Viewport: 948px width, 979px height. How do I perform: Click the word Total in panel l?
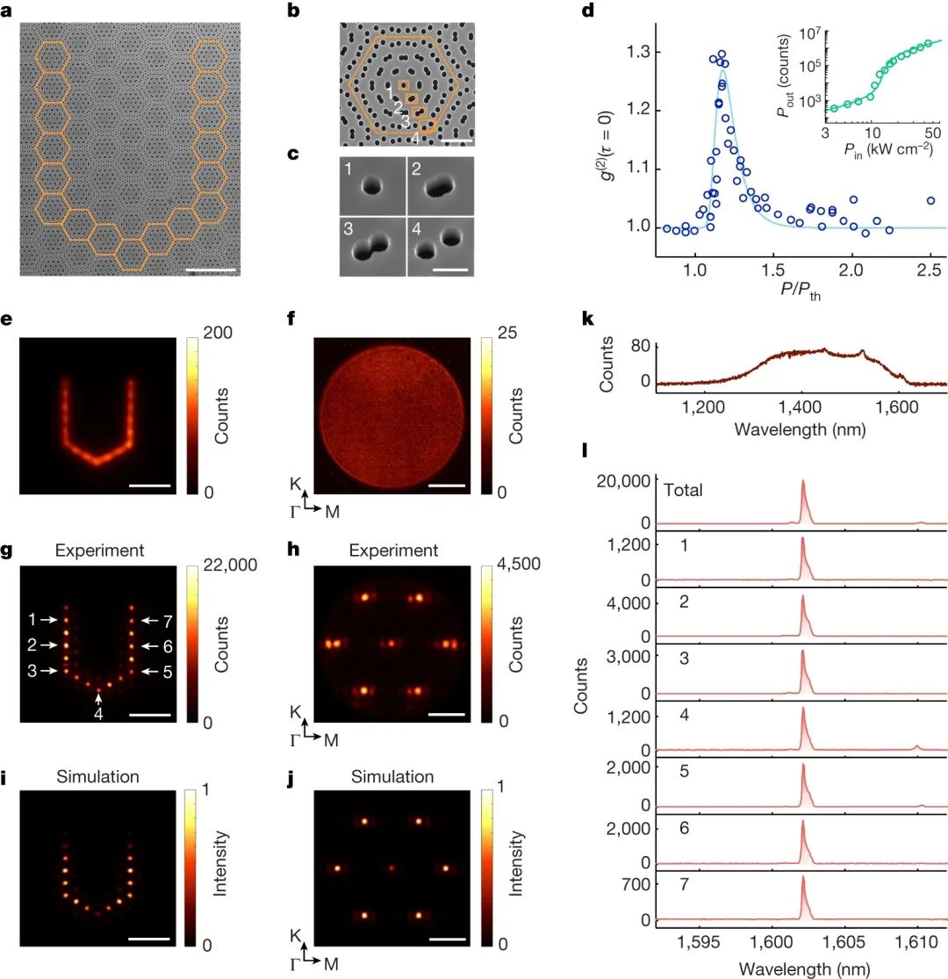(x=683, y=491)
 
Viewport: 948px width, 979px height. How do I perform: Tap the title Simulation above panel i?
(x=99, y=776)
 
